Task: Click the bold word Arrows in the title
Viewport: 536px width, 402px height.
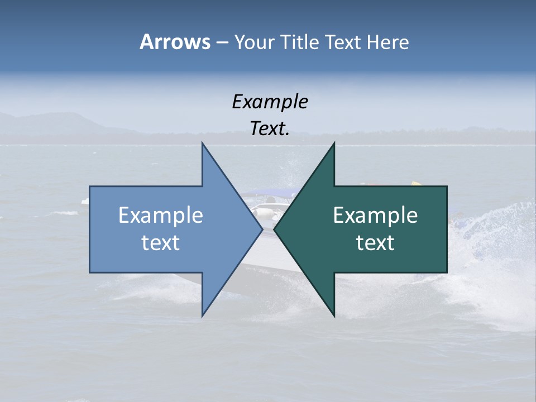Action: [174, 42]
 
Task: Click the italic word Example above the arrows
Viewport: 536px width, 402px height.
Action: [270, 102]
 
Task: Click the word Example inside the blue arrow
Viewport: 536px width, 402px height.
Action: [161, 216]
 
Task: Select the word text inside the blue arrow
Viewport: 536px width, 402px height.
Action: [161, 243]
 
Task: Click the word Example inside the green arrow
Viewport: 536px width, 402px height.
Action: [375, 216]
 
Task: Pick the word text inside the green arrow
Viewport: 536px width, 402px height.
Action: [375, 243]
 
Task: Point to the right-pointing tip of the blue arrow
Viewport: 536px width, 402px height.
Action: [262, 229]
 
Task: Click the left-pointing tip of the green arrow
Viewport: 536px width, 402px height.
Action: [275, 229]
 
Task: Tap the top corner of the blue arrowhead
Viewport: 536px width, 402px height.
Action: [202, 143]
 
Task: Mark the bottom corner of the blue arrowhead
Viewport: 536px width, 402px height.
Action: [202, 316]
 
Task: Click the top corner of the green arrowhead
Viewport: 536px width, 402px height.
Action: [334, 143]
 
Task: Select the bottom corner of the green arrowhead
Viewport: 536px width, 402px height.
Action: [334, 316]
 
